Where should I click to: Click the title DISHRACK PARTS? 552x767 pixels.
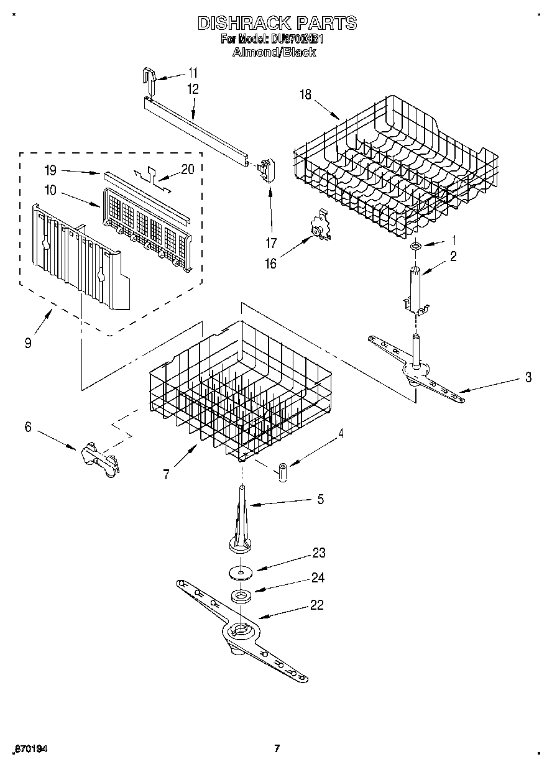point(277,23)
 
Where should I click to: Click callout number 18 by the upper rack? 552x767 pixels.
point(305,94)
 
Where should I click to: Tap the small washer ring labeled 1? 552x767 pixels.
point(415,247)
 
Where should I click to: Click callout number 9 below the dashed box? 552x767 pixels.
point(28,342)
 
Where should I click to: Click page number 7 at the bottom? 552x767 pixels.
point(277,749)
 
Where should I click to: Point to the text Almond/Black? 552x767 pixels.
point(274,53)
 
